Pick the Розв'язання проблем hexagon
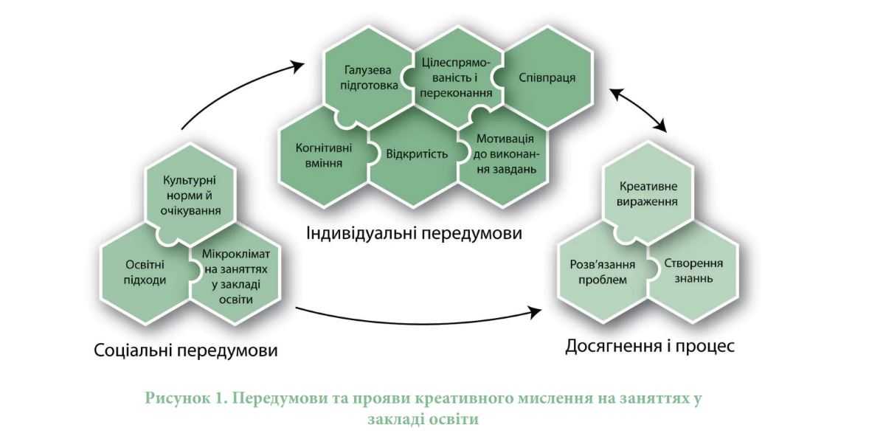pyautogui.click(x=603, y=271)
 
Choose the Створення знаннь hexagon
pyautogui.click(x=693, y=271)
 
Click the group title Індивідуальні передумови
pyautogui.click(x=415, y=233)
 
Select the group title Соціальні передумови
pyautogui.click(x=186, y=350)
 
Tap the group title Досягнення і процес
pyautogui.click(x=649, y=347)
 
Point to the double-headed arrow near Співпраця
pyautogui.click(x=638, y=109)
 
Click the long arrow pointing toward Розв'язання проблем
pyautogui.click(x=418, y=317)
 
